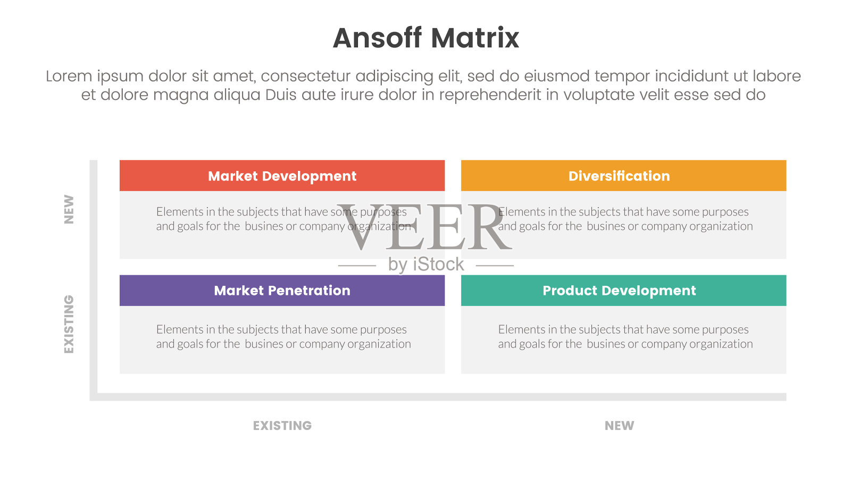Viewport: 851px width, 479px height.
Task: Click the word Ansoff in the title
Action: point(377,38)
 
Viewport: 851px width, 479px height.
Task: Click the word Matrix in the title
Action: point(475,38)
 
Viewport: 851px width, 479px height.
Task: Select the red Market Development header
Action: point(282,176)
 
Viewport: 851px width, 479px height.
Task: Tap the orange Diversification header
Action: point(623,176)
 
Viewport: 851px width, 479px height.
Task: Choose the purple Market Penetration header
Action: point(282,291)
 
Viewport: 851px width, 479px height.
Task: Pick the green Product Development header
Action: point(623,291)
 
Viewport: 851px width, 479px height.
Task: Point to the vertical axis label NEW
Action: point(69,210)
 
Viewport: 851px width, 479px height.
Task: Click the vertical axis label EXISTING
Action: point(69,324)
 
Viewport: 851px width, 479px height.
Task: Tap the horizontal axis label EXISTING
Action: point(282,425)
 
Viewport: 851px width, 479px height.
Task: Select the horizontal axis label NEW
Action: point(619,425)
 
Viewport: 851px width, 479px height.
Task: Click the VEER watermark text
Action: point(425,227)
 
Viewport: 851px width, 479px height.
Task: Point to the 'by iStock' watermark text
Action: point(426,265)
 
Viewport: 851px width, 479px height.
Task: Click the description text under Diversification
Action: point(625,219)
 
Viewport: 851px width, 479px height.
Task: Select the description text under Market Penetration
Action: point(283,336)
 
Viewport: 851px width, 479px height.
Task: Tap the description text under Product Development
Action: point(625,336)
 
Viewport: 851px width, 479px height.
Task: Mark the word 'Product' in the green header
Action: point(570,291)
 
